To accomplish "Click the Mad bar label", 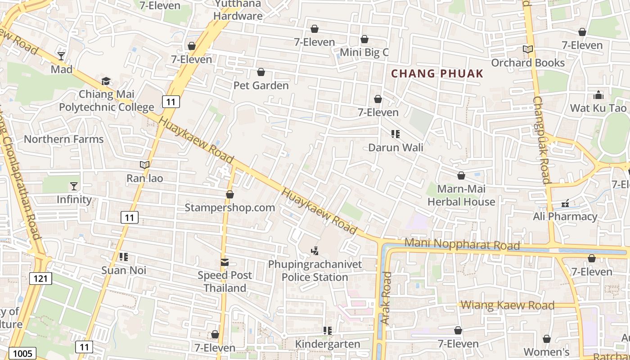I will [62, 69].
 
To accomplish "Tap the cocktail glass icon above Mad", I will [61, 56].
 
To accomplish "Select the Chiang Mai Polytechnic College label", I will [107, 101].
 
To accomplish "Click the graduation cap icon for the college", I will [106, 81].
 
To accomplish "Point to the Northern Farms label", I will [64, 139].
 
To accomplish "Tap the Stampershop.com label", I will [230, 207].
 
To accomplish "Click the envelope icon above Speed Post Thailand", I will [225, 262].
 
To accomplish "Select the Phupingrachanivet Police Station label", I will [315, 270].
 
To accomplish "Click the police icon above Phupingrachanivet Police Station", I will [315, 251].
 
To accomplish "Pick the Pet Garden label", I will [261, 85].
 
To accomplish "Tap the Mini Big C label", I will [364, 52].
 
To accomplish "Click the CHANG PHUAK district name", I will [437, 74].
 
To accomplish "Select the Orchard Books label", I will [528, 63].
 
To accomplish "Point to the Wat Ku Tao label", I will [598, 108].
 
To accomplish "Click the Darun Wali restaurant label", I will [396, 147].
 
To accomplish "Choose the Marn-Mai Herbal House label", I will [461, 195].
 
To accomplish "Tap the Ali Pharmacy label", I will [565, 216].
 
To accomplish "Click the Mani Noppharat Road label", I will [462, 245].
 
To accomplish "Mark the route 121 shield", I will [40, 279].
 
